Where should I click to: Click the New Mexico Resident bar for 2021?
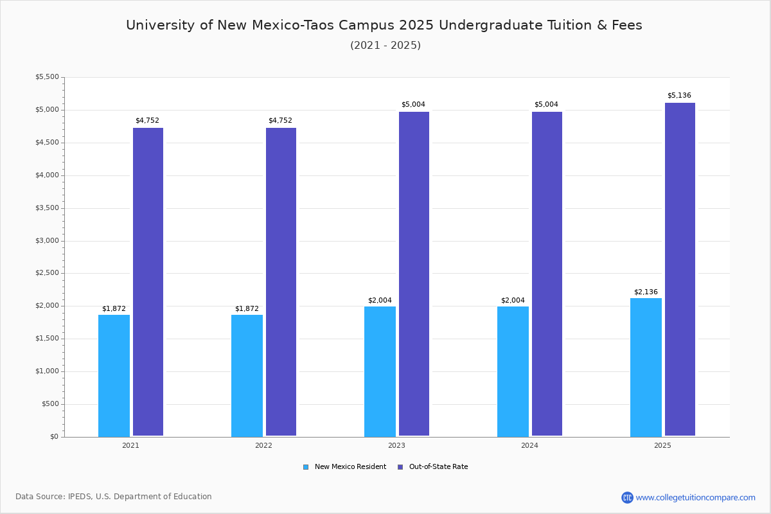click(114, 375)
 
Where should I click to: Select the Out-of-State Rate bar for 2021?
click(148, 282)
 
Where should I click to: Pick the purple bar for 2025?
click(680, 269)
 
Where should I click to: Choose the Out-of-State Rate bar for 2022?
click(281, 282)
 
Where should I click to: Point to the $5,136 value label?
click(679, 96)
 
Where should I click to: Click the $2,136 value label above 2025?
click(646, 292)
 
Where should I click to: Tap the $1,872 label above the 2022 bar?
click(247, 309)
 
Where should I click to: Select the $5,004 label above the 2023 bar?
click(413, 105)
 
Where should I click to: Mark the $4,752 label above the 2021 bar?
click(147, 121)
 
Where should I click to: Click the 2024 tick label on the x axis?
click(529, 445)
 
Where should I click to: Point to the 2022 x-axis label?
click(263, 445)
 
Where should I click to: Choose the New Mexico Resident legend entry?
click(345, 467)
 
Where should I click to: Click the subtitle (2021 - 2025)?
click(385, 46)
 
